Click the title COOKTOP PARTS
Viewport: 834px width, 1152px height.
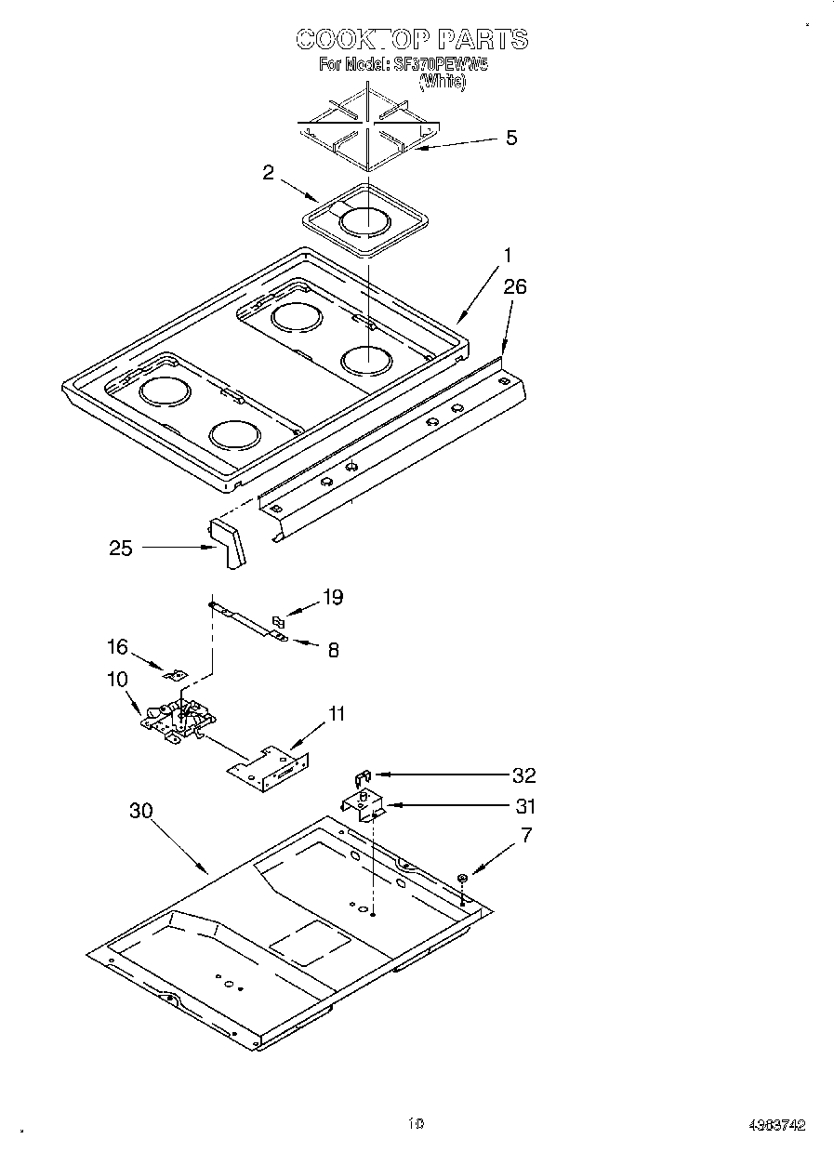[412, 39]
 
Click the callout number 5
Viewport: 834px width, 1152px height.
[510, 138]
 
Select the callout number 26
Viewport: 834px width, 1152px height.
[514, 286]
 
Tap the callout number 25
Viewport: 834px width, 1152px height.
[121, 548]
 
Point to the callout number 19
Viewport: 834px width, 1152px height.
[332, 597]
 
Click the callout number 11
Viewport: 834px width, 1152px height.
[336, 713]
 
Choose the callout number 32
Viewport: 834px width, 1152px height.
[523, 775]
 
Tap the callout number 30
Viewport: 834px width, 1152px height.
[140, 810]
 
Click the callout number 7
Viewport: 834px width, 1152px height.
[526, 835]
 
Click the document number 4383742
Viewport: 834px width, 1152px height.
[776, 1124]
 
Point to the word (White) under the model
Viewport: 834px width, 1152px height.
[443, 82]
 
